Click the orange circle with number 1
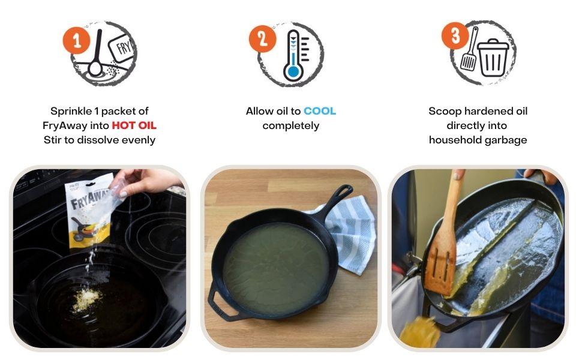pos(76,40)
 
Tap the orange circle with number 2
pos(262,38)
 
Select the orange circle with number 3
pos(455,35)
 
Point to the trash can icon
pos(493,58)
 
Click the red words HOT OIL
pos(134,125)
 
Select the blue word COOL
pos(320,111)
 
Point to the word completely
pos(290,126)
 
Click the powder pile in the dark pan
pos(86,299)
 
